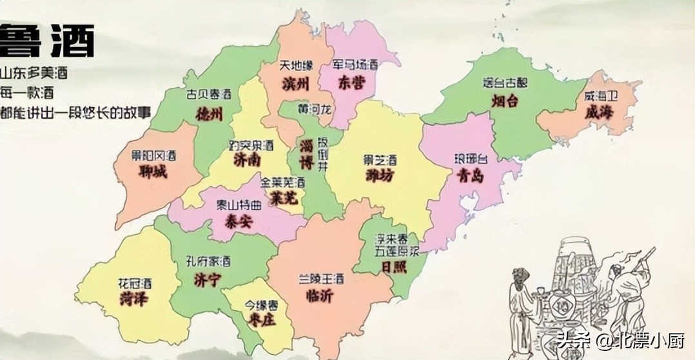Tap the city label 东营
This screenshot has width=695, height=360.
(x=351, y=83)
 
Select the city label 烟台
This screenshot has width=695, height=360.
(x=505, y=101)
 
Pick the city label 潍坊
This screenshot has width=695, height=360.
(x=379, y=176)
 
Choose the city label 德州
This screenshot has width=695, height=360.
(x=209, y=114)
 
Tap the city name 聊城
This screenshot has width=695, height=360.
(x=153, y=172)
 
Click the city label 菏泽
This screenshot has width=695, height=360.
(x=133, y=299)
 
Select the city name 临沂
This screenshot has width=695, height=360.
(x=320, y=295)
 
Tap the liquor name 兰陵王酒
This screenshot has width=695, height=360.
(x=320, y=279)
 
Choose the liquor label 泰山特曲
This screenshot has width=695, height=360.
(x=239, y=206)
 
